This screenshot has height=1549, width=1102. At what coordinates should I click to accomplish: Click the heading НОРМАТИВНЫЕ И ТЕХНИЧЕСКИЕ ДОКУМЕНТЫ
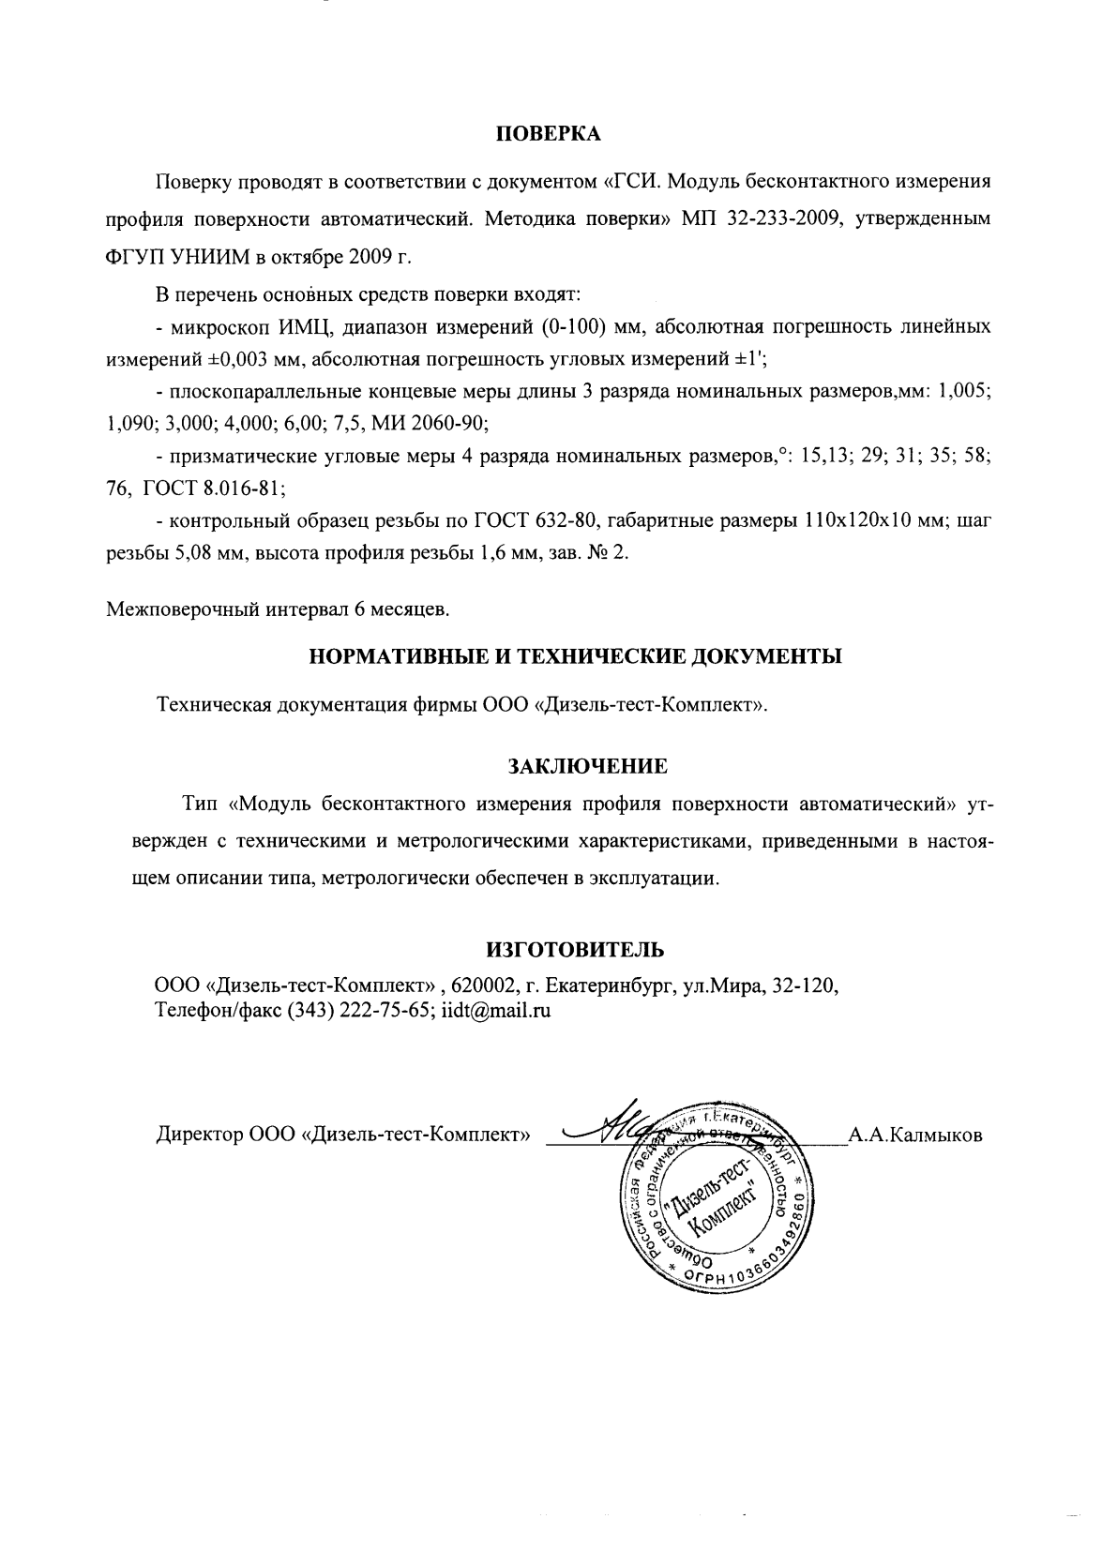pyautogui.click(x=575, y=656)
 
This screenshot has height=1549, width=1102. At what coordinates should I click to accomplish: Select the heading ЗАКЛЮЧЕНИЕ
pyautogui.click(x=587, y=766)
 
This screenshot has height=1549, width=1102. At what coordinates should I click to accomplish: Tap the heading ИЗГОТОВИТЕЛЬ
pyautogui.click(x=575, y=950)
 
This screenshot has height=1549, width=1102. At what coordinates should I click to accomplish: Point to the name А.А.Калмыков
pyautogui.click(x=914, y=1135)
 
